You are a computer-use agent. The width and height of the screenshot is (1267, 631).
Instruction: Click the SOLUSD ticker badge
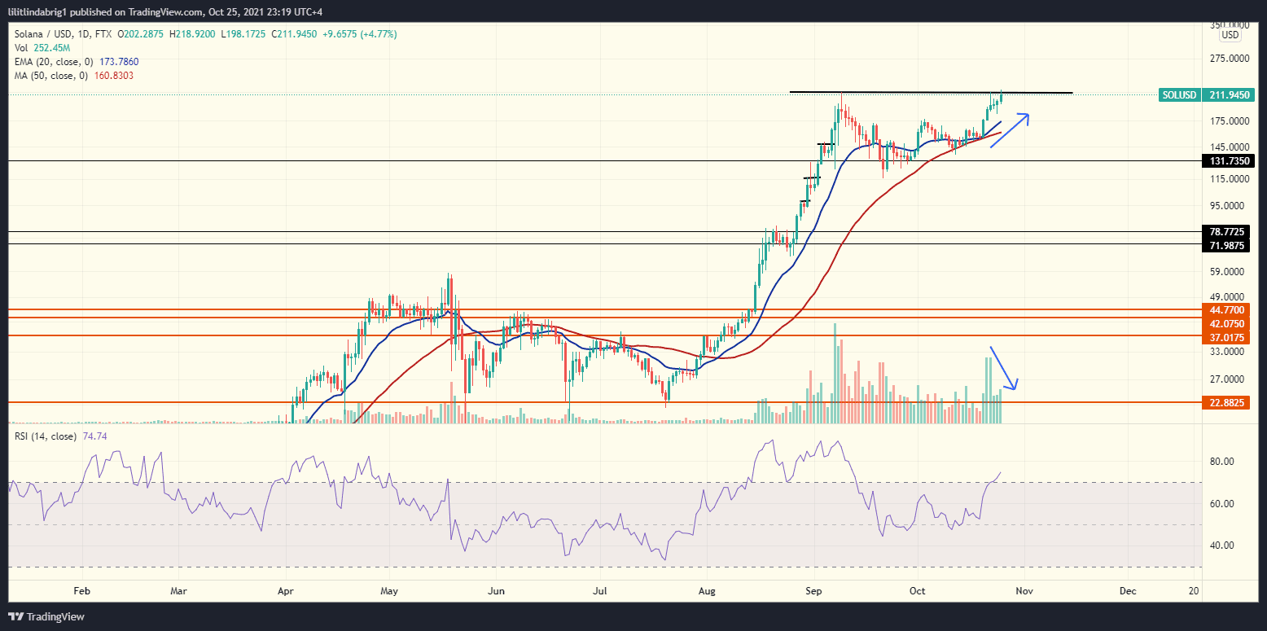coord(1179,95)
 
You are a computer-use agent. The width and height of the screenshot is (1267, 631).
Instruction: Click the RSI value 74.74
coord(94,436)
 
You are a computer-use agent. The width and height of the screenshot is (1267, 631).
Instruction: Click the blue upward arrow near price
coord(1010,129)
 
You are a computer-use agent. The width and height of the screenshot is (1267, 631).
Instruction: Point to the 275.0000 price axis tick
coord(1230,59)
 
